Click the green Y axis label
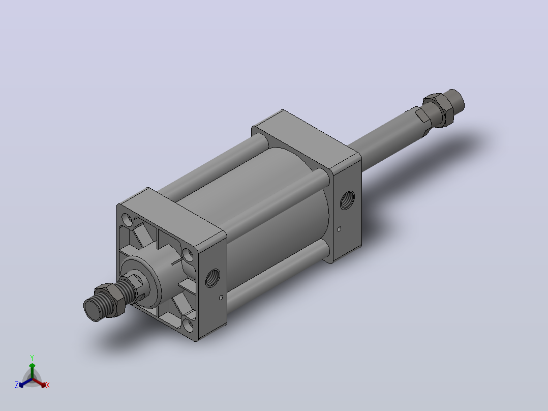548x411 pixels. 32,358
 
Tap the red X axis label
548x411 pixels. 48,385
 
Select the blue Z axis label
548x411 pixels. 17,385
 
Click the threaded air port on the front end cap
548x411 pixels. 212,278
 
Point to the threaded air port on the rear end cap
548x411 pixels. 347,200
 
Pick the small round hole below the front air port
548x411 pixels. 221,298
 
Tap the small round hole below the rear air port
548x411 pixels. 339,229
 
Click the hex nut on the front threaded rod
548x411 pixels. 109,300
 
